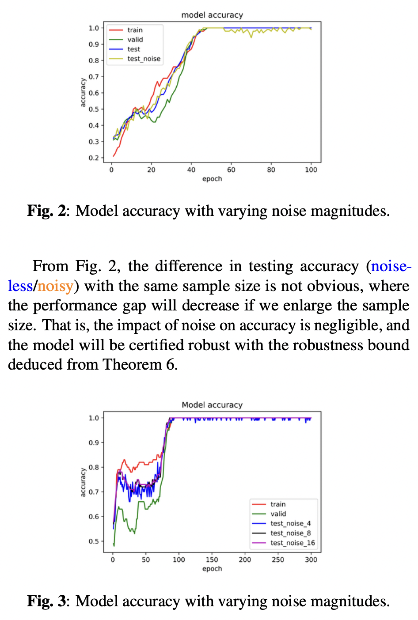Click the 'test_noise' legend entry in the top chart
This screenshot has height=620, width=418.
click(x=144, y=59)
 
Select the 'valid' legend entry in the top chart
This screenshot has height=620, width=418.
click(x=135, y=40)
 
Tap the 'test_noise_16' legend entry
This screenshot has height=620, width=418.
click(x=293, y=543)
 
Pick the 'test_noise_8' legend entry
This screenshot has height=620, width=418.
click(x=290, y=533)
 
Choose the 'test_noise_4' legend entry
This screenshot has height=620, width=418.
click(x=290, y=523)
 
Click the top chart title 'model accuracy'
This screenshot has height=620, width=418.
click(x=212, y=15)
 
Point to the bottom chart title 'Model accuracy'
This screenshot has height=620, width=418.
click(x=212, y=405)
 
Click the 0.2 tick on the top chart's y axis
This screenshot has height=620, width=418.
click(x=94, y=158)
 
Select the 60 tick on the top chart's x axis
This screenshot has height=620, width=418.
click(x=231, y=170)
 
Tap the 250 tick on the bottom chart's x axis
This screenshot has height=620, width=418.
click(x=278, y=560)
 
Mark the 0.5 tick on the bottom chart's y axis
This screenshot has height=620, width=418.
click(x=94, y=541)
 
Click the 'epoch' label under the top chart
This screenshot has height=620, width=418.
click(x=212, y=179)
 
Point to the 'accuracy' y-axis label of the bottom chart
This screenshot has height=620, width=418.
click(x=83, y=483)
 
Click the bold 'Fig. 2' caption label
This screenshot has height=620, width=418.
click(x=46, y=211)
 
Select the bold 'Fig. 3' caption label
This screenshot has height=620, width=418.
click(x=46, y=601)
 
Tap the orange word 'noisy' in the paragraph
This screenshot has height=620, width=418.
click(x=55, y=286)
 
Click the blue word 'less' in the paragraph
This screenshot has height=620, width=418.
click(x=20, y=286)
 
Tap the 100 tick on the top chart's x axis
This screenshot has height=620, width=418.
click(x=311, y=170)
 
